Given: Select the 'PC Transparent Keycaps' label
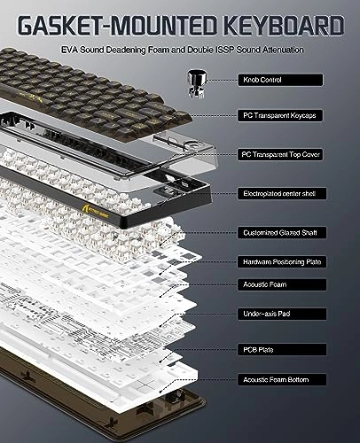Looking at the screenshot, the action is [279, 115].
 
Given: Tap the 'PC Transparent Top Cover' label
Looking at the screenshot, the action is [280, 154].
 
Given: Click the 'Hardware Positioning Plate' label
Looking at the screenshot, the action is [282, 262].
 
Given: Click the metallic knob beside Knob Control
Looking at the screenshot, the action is [197, 83].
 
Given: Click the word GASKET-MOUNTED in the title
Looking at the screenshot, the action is [117, 26].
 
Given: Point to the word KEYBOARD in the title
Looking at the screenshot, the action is [284, 26].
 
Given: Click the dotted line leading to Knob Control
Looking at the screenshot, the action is [222, 80].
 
